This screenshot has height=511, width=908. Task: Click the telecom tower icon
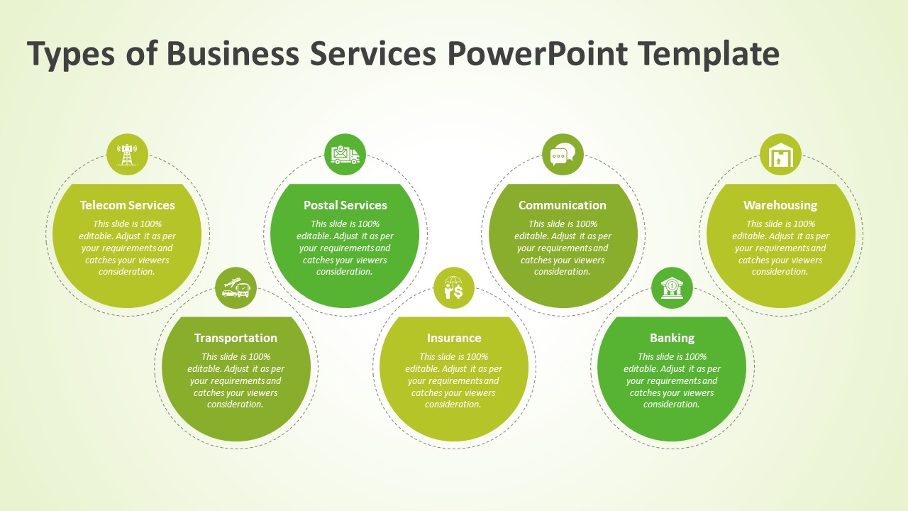click(127, 155)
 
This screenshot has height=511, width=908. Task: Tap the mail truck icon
click(345, 155)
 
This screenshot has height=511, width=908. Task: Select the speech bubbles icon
click(563, 155)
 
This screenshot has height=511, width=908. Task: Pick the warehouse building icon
click(780, 155)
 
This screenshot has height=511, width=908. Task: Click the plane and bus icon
click(236, 287)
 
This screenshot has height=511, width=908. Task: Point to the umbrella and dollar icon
click(453, 287)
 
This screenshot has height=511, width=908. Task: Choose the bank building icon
click(672, 287)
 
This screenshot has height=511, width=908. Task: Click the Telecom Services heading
click(127, 205)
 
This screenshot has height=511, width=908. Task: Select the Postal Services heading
click(345, 205)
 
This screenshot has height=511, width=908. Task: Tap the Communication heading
click(563, 205)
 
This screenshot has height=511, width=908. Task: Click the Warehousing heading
click(780, 206)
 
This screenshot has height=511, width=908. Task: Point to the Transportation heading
click(236, 339)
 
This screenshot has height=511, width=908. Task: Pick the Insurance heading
click(454, 338)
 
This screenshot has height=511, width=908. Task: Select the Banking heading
click(672, 339)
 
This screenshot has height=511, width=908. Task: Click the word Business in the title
click(233, 53)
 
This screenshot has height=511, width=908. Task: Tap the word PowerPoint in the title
click(538, 53)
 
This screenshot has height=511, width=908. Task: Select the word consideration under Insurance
click(453, 405)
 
